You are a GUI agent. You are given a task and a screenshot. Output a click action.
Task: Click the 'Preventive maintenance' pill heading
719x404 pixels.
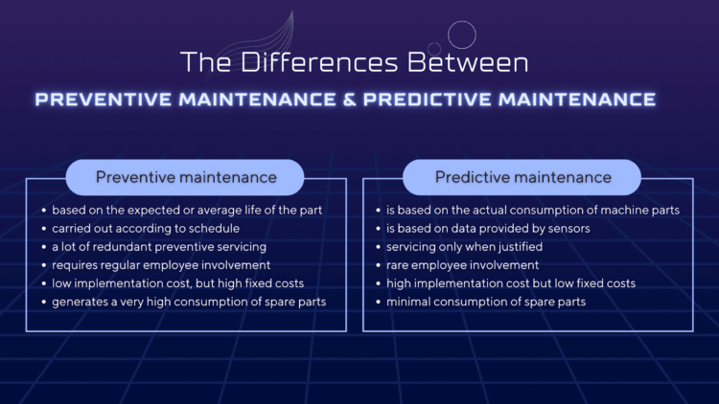[x=186, y=177]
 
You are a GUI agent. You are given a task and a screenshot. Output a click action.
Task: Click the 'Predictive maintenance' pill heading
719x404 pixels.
[x=522, y=177]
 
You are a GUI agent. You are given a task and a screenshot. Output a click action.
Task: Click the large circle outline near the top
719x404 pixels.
[x=462, y=34]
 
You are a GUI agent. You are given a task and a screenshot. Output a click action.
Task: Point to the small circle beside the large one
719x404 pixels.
[x=434, y=48]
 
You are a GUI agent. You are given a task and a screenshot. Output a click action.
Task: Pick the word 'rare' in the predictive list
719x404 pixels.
[x=398, y=265]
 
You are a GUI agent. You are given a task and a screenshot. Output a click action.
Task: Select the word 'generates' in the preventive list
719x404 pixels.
[x=80, y=303]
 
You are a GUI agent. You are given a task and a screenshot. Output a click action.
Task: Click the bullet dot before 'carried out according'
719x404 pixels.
[x=43, y=229]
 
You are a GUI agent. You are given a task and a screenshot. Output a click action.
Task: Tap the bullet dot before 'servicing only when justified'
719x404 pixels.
[x=378, y=247]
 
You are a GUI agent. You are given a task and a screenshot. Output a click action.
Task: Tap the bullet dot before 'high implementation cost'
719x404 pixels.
[x=378, y=284]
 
